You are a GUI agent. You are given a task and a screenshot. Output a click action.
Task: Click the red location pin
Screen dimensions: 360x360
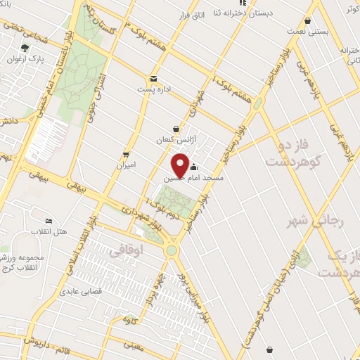[x=180, y=167]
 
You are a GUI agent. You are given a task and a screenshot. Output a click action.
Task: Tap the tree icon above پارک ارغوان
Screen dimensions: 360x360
[x=25, y=48]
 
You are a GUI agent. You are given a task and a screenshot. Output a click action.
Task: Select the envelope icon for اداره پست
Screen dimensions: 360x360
[x=153, y=79]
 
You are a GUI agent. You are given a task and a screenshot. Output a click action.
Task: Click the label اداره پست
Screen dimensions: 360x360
[x=153, y=91]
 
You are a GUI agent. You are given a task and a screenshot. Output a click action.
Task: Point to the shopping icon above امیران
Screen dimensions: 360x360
[x=126, y=154]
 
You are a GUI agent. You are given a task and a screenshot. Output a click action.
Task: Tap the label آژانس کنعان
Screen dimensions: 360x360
[x=174, y=141]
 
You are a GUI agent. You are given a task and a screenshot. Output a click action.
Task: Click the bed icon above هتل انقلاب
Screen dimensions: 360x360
[x=49, y=221]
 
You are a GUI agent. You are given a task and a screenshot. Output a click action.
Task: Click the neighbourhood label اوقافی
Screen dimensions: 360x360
[x=127, y=250]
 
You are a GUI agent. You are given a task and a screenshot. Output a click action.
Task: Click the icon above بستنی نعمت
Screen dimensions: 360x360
[x=308, y=20]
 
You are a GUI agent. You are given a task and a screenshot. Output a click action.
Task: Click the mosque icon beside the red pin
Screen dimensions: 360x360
[x=194, y=167]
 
